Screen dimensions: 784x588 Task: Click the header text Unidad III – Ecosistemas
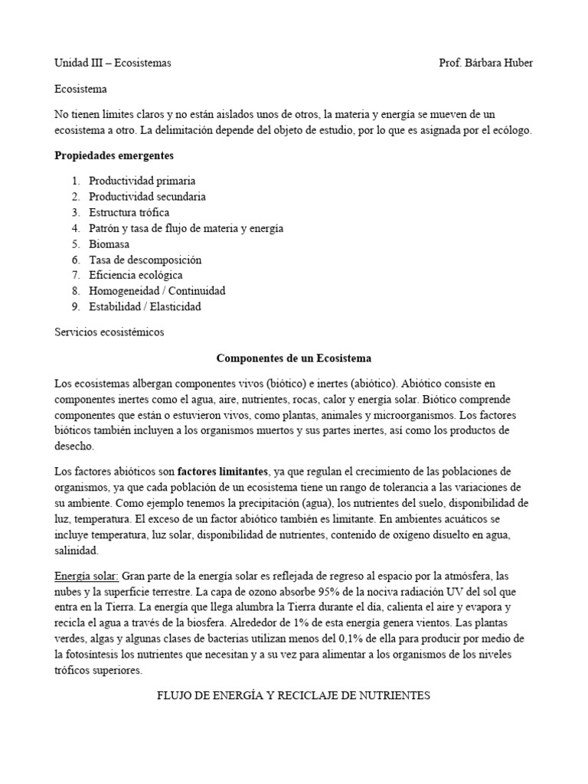coord(113,63)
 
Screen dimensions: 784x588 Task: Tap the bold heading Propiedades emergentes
coord(114,155)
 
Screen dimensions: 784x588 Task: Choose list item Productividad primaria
coord(142,181)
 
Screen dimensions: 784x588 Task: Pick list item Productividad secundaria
coord(147,197)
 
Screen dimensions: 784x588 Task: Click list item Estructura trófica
coord(129,212)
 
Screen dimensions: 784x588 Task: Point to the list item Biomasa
coord(109,244)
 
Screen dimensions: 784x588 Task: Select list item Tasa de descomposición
coord(145,260)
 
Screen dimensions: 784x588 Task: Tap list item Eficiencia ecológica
coord(136,275)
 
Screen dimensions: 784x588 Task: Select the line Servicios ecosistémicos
coord(109,332)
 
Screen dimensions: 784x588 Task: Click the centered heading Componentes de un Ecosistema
coord(294,358)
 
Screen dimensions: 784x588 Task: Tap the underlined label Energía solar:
coord(86,574)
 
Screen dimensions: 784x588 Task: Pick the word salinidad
coord(76,550)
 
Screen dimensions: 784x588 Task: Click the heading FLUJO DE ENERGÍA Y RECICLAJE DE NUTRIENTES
coord(294,695)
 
